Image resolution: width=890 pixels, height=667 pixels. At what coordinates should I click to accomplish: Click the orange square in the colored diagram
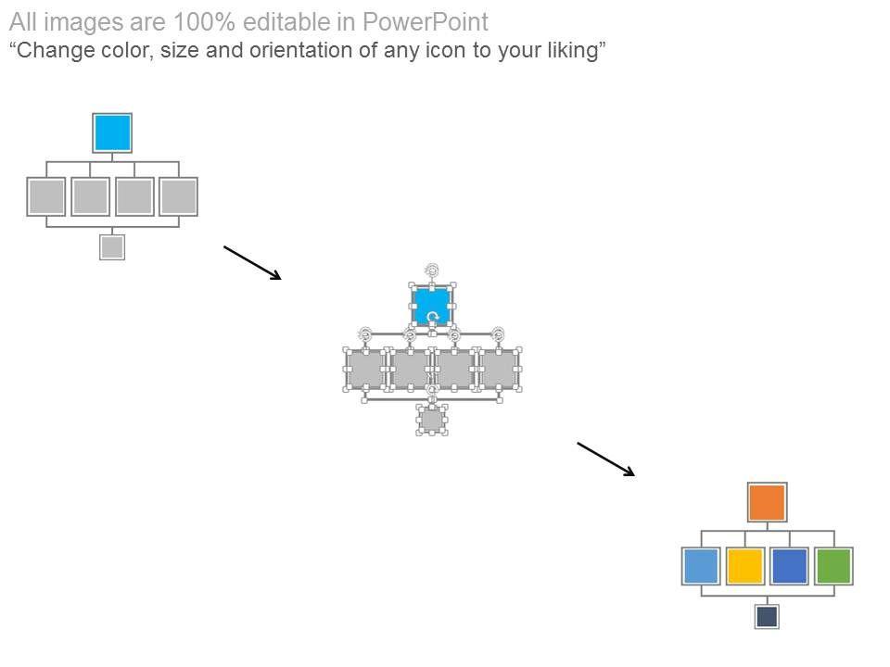767,502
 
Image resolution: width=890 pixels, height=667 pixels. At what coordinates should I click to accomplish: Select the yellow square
745,566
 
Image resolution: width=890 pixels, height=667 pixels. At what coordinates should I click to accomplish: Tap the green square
833,566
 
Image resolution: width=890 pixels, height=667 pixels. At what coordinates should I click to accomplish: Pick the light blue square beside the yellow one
701,566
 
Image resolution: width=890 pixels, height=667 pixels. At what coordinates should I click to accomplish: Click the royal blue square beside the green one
789,566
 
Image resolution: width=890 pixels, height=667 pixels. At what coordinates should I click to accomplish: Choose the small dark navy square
767,616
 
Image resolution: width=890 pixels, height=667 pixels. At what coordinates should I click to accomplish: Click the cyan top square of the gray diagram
112,132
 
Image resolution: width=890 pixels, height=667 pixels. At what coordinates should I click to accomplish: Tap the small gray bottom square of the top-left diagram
112,247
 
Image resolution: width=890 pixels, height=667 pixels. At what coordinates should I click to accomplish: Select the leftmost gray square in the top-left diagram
46,196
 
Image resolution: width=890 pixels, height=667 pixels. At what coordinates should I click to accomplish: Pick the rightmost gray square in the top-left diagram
178,196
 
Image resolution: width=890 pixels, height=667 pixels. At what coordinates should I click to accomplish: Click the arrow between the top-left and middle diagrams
252,262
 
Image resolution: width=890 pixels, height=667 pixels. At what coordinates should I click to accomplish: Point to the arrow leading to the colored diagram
606,459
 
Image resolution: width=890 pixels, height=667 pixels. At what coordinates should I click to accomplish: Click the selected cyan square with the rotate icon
432,305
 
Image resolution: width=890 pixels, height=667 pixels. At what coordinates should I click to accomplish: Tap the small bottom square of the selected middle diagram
431,420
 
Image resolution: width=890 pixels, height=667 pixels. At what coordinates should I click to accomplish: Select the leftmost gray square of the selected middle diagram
365,369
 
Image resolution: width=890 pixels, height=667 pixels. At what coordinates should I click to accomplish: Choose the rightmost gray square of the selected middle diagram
499,369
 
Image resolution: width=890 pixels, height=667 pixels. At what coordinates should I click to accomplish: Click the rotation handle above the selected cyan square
432,270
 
